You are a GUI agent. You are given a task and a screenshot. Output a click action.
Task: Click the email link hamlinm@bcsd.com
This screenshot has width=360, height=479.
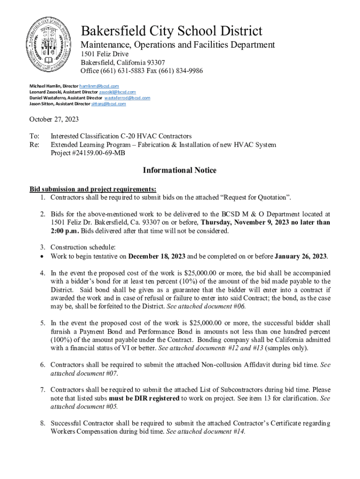tap(99, 87)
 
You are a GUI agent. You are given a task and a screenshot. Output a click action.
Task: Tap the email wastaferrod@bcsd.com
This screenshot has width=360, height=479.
tap(127, 98)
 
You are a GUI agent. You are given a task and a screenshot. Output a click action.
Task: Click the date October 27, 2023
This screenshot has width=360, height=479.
tap(54, 119)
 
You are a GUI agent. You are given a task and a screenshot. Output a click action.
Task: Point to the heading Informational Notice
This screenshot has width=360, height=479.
tap(180, 170)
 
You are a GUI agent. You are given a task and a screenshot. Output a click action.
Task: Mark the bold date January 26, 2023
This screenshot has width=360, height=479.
tap(301, 256)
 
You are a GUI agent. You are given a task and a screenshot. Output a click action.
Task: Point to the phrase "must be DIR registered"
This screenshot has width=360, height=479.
tap(144, 398)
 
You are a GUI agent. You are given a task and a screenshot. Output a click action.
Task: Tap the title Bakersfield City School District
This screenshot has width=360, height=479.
tap(172, 31)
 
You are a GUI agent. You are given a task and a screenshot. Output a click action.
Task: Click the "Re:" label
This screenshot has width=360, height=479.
tap(34, 145)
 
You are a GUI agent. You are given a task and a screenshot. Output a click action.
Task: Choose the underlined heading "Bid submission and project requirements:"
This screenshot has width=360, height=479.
tap(93, 189)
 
